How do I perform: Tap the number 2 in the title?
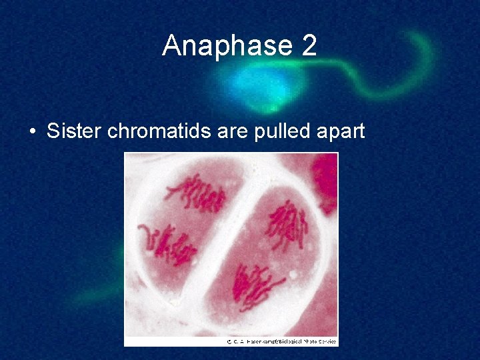click(309, 46)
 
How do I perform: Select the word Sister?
click(73, 131)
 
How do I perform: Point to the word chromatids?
click(160, 131)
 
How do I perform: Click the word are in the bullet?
click(233, 131)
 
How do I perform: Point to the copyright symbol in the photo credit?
click(229, 341)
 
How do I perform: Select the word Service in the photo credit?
click(327, 341)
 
